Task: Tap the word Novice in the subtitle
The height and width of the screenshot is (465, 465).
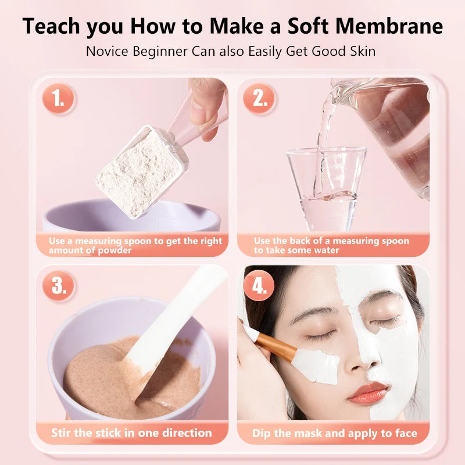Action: point(106,51)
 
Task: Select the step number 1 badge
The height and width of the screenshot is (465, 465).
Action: point(58,99)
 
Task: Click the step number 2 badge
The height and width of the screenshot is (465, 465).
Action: point(259,99)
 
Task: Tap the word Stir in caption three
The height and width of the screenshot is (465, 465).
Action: point(63,433)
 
